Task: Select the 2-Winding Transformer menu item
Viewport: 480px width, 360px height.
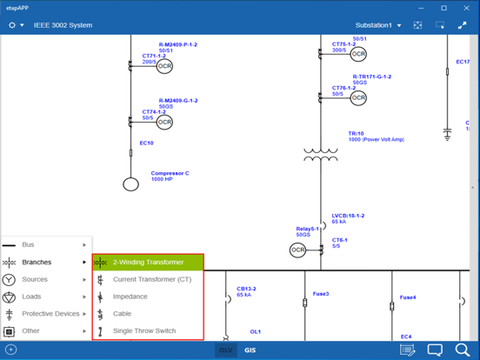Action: pos(148,262)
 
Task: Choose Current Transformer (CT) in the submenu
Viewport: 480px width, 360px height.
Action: pos(151,279)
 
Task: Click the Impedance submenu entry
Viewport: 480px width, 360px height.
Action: pos(130,297)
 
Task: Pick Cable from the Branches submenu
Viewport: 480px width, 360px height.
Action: pos(123,314)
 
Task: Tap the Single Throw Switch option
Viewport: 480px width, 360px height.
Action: pos(144,330)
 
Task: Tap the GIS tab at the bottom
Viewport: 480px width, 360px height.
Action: pos(250,350)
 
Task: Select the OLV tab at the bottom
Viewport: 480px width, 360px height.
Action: pos(226,350)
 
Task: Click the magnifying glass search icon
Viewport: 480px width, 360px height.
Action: pos(463,350)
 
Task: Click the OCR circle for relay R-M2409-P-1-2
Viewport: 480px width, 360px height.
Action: pos(164,66)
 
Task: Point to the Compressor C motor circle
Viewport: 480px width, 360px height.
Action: pos(130,184)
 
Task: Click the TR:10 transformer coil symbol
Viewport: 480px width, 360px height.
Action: pos(321,155)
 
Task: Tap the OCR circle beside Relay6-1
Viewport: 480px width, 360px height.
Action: pos(298,250)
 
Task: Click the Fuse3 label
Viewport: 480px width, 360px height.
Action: pos(322,294)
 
